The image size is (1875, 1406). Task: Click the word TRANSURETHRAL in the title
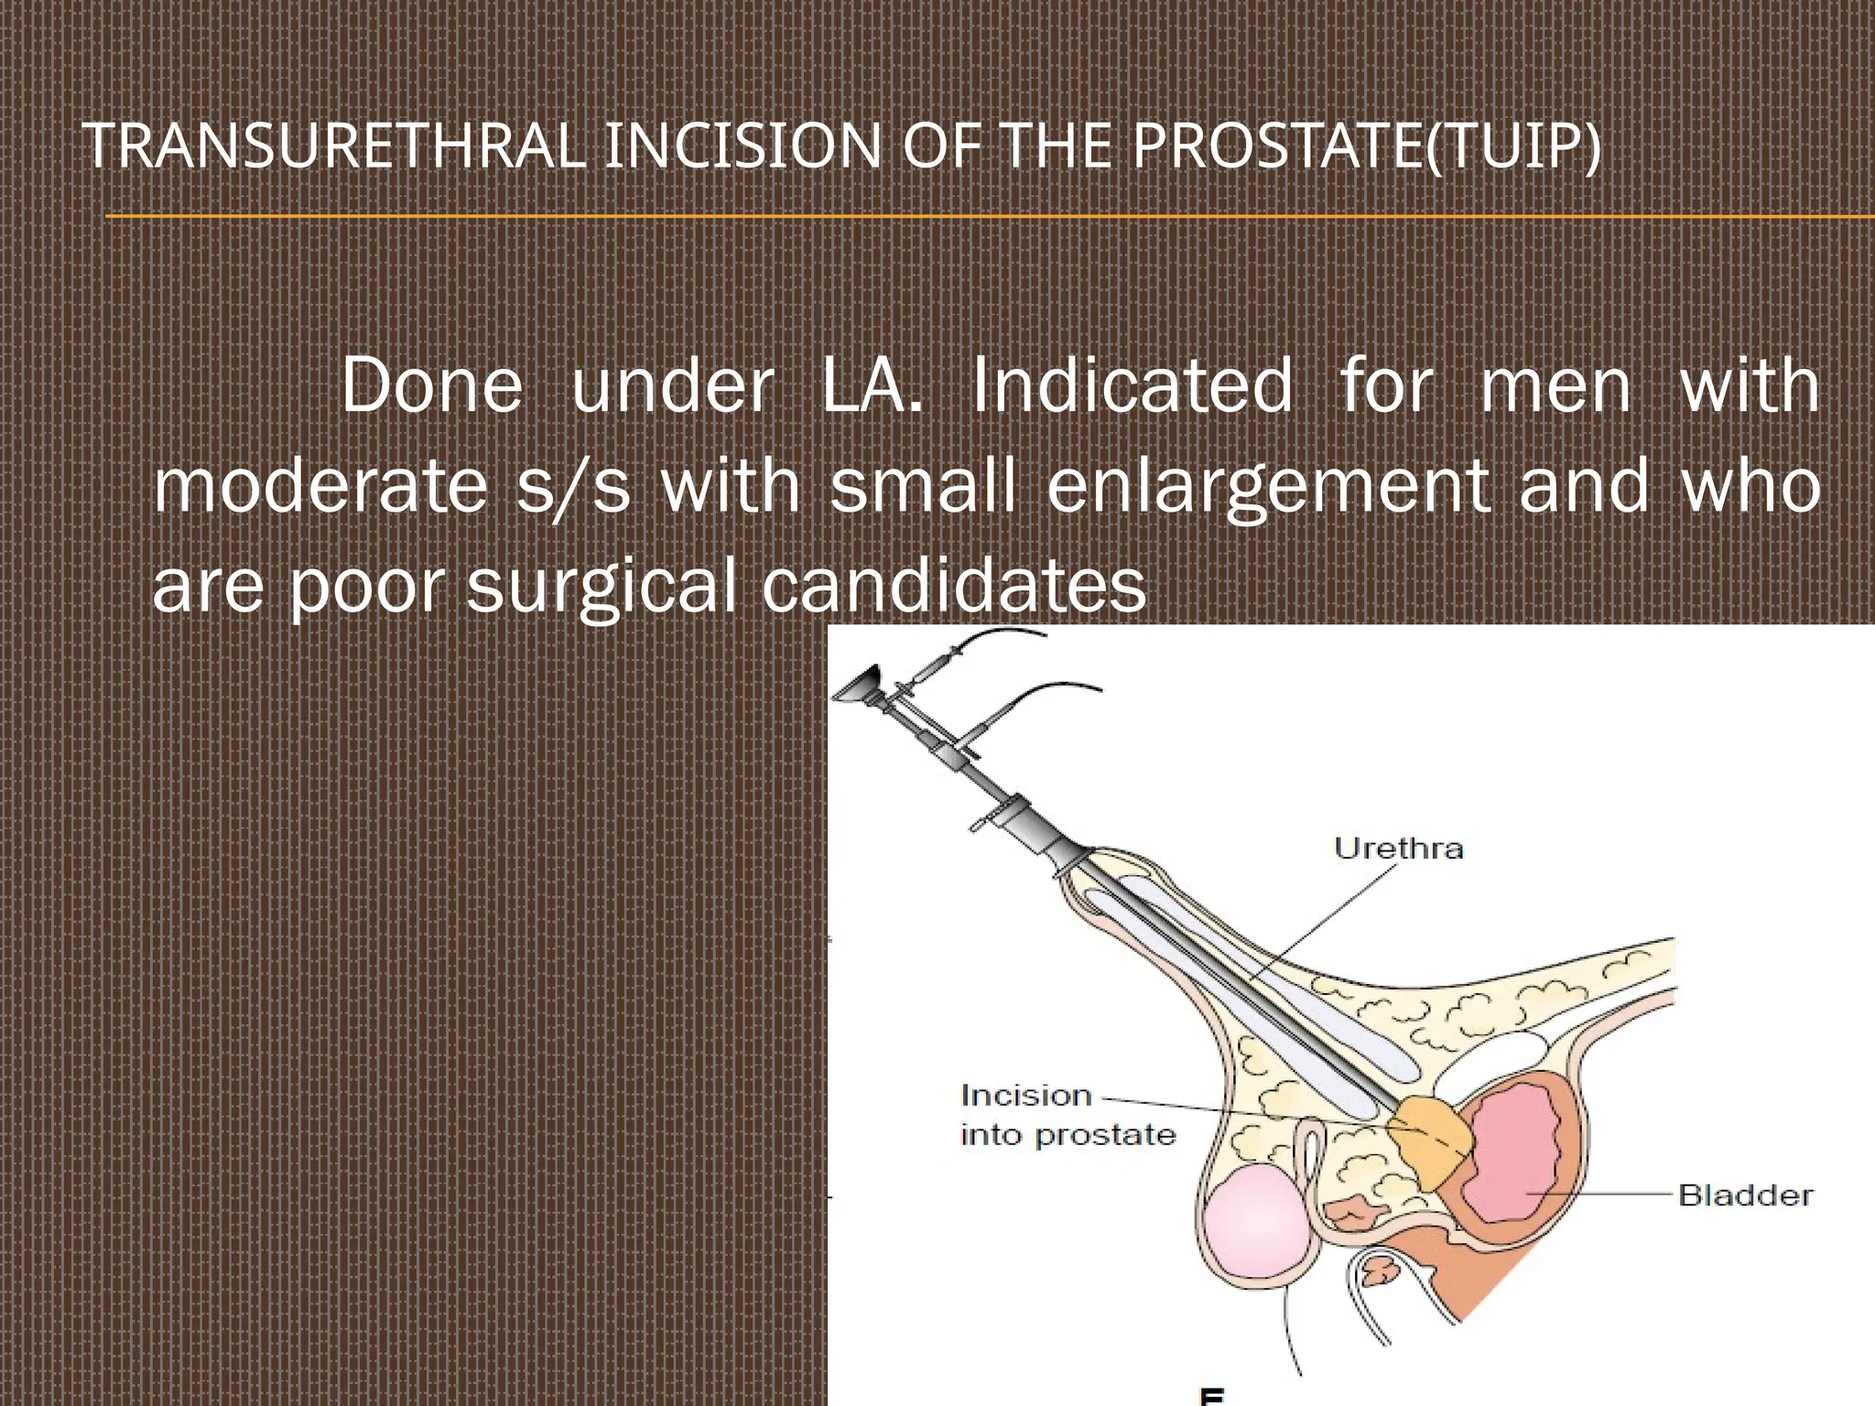click(334, 146)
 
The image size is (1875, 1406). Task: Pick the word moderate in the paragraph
click(320, 486)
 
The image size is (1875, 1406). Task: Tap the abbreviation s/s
click(574, 486)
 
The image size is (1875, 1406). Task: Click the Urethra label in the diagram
click(1398, 849)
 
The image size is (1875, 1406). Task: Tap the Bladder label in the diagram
click(1745, 1195)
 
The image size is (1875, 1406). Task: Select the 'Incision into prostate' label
click(1067, 1115)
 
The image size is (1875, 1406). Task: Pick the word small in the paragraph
click(923, 486)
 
